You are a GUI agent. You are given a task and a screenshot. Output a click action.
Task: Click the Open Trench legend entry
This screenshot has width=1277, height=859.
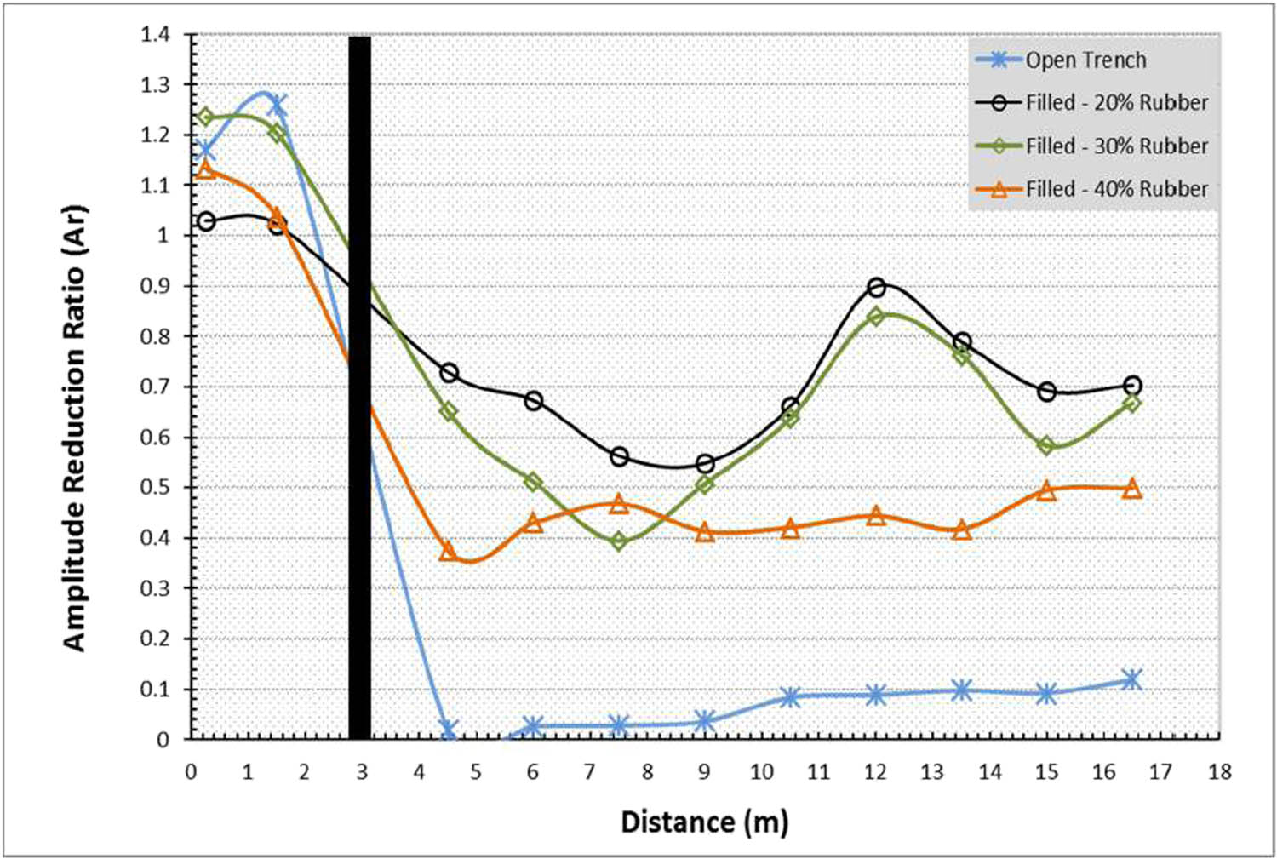click(1085, 60)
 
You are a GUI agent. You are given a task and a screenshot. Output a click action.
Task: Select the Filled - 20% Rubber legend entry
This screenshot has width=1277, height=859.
click(1115, 103)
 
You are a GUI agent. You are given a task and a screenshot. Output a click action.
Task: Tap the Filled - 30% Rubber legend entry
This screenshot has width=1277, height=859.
click(1115, 146)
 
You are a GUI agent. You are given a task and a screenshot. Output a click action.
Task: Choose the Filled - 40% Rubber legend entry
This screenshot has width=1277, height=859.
click(1115, 189)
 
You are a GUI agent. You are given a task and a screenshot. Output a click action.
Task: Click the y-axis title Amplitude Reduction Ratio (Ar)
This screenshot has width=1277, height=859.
click(75, 428)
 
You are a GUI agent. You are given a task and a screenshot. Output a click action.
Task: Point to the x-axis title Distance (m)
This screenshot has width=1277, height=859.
click(705, 822)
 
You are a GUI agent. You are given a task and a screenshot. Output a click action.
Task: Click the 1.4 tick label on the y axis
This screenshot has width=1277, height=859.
click(155, 35)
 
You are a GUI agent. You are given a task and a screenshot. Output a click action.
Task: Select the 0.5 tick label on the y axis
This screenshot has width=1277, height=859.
click(155, 488)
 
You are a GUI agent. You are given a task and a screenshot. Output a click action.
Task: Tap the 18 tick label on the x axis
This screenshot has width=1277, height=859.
click(1219, 772)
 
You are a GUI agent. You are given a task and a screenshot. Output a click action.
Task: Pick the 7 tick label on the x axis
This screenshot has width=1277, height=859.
click(590, 772)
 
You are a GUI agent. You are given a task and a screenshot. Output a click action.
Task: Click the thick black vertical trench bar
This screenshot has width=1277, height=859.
click(359, 387)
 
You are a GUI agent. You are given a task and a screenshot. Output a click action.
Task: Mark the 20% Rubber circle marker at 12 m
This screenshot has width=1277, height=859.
click(876, 288)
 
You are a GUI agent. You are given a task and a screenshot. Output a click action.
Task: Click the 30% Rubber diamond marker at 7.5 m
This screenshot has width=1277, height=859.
click(619, 541)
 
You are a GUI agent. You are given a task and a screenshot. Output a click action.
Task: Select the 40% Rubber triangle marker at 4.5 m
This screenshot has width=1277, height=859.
click(448, 551)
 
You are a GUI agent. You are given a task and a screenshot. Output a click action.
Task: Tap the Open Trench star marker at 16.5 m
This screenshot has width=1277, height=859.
click(1131, 679)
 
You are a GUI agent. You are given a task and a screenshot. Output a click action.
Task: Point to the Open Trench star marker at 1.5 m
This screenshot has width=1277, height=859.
click(277, 106)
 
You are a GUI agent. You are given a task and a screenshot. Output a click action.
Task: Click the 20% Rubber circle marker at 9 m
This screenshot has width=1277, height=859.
click(705, 464)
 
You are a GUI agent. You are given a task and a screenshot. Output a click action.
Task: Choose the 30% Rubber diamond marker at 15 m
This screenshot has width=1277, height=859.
click(1047, 446)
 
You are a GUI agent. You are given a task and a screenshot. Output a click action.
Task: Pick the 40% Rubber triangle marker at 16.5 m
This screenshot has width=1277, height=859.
click(1131, 489)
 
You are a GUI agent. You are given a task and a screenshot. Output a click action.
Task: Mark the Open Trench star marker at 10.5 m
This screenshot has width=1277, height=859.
click(790, 697)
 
